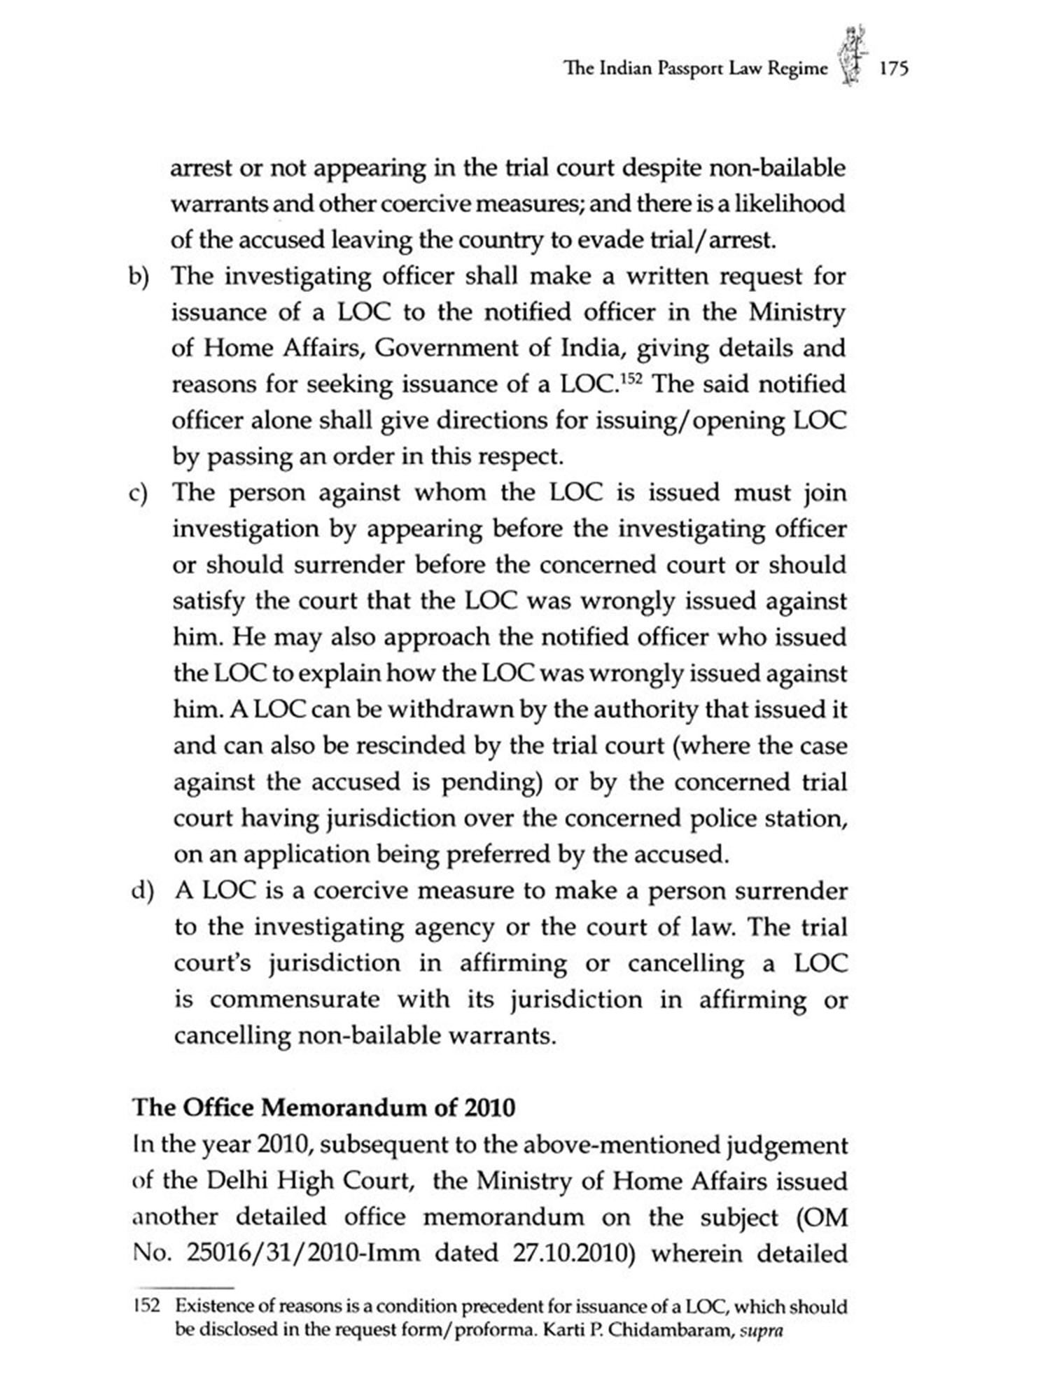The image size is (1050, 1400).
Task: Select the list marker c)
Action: tap(139, 494)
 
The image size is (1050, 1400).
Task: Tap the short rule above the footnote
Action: tap(183, 1287)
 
